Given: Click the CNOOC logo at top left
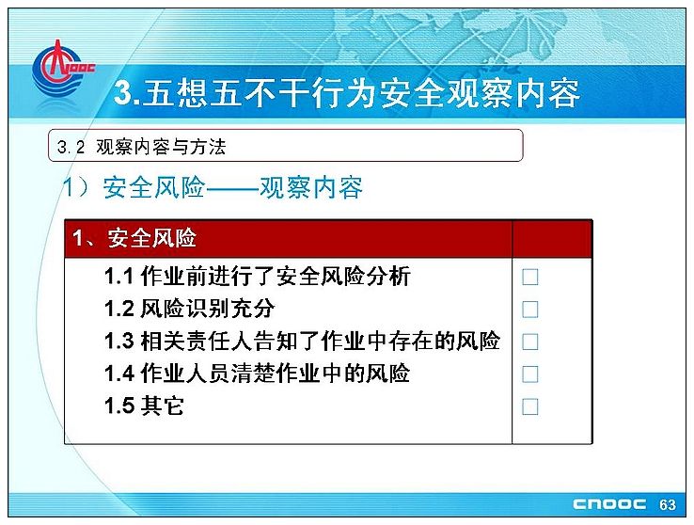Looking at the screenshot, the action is [62, 69].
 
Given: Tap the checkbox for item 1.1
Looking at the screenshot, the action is [529, 278].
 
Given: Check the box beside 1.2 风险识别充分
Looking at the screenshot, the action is [529, 310].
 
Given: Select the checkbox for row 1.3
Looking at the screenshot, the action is [529, 342].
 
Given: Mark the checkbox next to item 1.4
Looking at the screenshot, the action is [529, 374].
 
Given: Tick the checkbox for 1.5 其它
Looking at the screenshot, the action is [529, 406].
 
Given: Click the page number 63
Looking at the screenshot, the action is [668, 504].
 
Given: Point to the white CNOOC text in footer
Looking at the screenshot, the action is [609, 504].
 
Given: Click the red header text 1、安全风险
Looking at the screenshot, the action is [134, 238].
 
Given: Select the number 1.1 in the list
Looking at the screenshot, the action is [118, 277].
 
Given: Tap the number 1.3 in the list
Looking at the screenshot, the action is [119, 342].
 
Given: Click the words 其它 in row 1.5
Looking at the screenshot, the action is [162, 406].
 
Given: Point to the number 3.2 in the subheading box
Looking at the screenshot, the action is [71, 147].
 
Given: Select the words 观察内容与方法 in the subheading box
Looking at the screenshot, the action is [161, 147].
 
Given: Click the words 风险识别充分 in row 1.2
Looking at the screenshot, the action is [208, 309].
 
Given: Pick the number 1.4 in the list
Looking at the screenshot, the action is [119, 374].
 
